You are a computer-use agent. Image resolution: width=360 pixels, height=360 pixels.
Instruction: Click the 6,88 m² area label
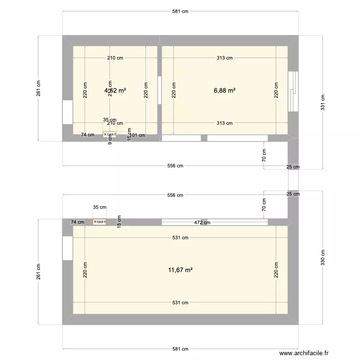click(225, 90)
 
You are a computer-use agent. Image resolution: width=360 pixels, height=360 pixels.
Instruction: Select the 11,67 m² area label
click(180, 270)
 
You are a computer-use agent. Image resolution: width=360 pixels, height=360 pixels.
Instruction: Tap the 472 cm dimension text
click(202, 222)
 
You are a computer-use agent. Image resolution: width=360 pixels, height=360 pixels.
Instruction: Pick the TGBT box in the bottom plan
click(100, 222)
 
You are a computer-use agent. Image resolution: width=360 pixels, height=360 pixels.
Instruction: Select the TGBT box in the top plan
click(110, 135)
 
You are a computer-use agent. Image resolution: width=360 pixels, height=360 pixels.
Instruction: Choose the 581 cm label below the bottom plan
click(180, 349)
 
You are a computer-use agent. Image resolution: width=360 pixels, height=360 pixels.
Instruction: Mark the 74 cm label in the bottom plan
click(77, 222)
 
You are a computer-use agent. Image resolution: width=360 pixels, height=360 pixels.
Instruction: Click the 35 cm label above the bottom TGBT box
click(99, 207)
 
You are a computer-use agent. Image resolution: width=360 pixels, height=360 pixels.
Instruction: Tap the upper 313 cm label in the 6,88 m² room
click(225, 58)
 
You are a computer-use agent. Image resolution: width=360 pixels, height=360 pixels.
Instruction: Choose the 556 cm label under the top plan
click(175, 166)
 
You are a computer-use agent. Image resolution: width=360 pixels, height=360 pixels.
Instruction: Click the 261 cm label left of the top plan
click(39, 88)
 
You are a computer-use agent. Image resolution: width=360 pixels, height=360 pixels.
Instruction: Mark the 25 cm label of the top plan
click(293, 167)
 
